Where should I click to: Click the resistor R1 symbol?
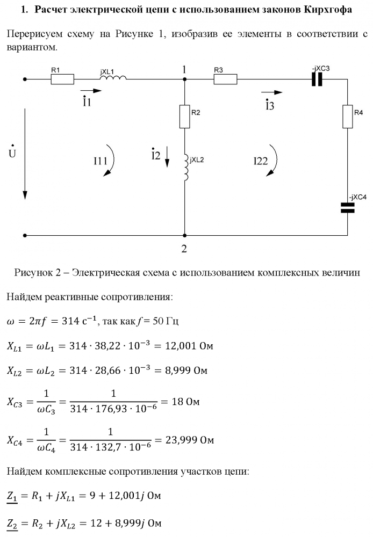(62, 79)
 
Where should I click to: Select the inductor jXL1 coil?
(113, 78)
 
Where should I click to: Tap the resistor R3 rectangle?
(225, 79)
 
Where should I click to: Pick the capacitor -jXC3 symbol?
(317, 79)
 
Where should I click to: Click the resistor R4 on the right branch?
(348, 117)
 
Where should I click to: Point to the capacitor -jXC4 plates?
(348, 208)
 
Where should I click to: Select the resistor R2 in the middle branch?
(185, 117)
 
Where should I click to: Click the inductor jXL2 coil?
(186, 168)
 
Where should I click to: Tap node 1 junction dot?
(185, 79)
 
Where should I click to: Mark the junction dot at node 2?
(185, 236)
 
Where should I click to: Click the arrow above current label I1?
(91, 91)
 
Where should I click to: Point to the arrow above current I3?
(271, 92)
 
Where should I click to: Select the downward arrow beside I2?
(167, 157)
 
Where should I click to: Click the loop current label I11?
(101, 161)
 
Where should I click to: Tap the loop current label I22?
(261, 161)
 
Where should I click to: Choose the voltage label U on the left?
(12, 152)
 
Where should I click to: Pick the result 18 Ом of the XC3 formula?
(185, 401)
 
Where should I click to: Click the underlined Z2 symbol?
(12, 524)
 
